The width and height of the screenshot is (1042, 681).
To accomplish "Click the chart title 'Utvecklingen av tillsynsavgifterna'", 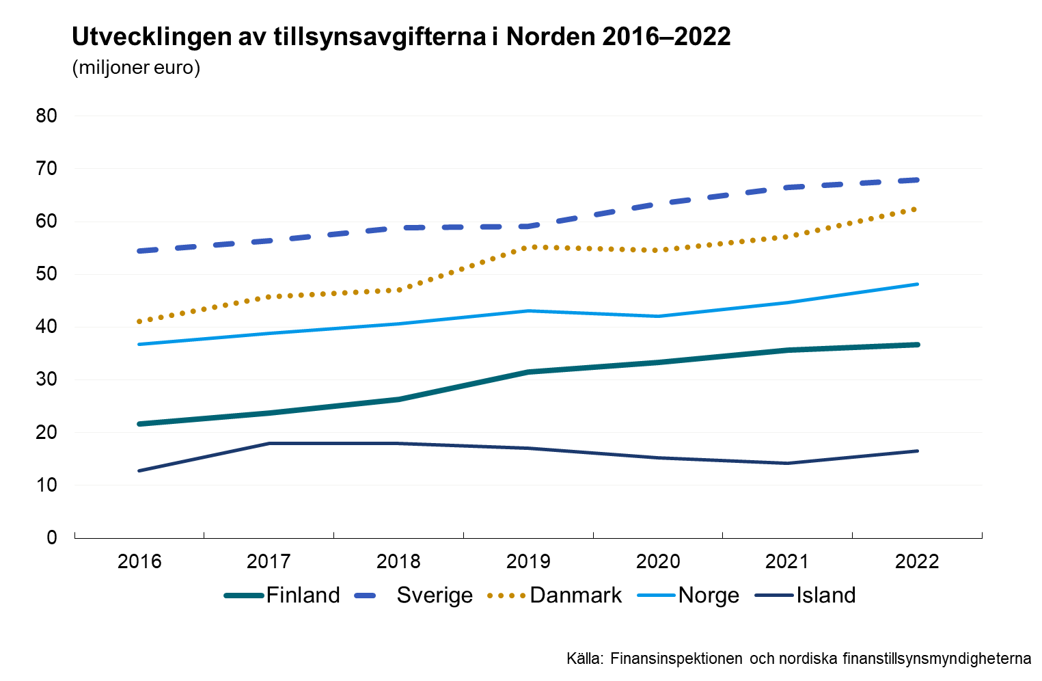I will (401, 37).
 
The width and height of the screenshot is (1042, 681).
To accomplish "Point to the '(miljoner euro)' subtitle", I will (136, 68).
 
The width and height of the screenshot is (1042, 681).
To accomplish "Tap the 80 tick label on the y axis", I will (46, 116).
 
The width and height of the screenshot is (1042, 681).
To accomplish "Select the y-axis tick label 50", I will (46, 274).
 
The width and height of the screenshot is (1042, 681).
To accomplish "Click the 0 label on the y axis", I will (52, 537).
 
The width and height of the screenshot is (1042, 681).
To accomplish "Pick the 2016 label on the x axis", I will (139, 562).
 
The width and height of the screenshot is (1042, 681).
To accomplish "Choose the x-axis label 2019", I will (528, 562).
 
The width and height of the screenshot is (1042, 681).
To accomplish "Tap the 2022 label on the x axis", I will (917, 562).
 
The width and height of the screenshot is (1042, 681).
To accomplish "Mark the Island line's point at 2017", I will (269, 443).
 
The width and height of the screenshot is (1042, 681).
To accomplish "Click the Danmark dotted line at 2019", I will (528, 248).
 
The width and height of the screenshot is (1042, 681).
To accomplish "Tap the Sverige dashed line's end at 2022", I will (917, 180).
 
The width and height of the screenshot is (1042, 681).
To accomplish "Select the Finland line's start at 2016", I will (139, 424).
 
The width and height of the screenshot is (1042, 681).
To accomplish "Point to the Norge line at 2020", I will (658, 316).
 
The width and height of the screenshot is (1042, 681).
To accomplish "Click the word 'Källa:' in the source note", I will (585, 659).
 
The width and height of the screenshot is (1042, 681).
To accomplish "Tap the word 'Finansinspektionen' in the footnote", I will (676, 659).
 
